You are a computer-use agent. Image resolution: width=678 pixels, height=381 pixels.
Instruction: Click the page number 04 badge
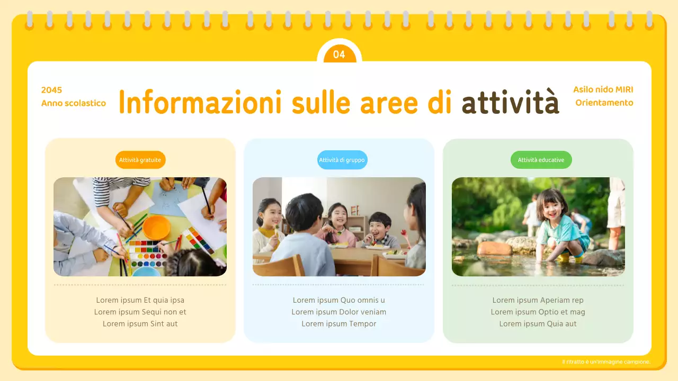pyautogui.click(x=339, y=55)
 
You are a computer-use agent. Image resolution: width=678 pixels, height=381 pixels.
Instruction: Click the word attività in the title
pyautogui.click(x=510, y=102)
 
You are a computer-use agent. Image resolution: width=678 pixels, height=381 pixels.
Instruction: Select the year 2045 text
pyautogui.click(x=51, y=90)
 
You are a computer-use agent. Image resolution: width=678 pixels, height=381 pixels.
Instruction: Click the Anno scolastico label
pyautogui.click(x=74, y=103)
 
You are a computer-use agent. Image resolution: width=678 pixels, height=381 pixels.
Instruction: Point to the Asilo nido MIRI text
pyautogui.click(x=603, y=90)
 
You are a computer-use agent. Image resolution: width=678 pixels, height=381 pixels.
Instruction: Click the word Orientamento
pyautogui.click(x=604, y=103)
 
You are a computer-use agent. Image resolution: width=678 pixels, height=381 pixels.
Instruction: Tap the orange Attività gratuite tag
pyautogui.click(x=140, y=160)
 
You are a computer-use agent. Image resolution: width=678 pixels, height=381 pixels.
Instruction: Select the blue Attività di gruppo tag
pyautogui.click(x=342, y=160)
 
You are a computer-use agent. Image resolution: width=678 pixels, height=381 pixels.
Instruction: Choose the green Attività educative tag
pyautogui.click(x=541, y=160)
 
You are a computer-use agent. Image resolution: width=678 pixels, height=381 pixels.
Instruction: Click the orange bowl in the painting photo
pyautogui.click(x=156, y=227)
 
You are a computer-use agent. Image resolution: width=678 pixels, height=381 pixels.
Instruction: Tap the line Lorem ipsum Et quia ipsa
pyautogui.click(x=140, y=300)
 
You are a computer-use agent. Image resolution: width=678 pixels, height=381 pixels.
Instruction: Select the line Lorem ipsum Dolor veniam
pyautogui.click(x=339, y=312)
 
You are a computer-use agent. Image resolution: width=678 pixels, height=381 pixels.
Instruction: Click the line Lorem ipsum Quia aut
pyautogui.click(x=538, y=324)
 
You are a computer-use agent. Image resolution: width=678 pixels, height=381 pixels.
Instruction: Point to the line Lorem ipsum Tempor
pyautogui.click(x=339, y=324)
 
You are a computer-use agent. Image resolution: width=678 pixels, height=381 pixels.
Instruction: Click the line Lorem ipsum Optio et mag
pyautogui.click(x=538, y=312)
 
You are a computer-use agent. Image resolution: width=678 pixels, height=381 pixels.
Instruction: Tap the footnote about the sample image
pyautogui.click(x=606, y=362)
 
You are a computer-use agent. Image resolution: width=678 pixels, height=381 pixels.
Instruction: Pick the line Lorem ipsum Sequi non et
pyautogui.click(x=140, y=312)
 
